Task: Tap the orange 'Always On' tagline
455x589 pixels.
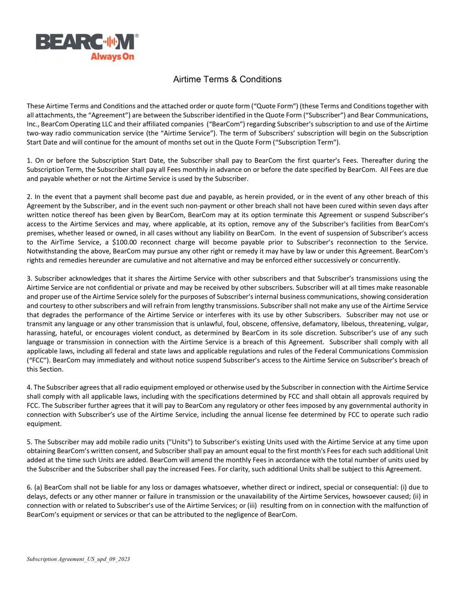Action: tap(112, 57)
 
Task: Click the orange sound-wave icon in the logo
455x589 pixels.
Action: tap(109, 42)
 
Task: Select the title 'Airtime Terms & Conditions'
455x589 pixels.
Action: tap(227, 79)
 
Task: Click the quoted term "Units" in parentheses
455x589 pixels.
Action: tap(180, 442)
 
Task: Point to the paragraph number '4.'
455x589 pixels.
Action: tap(29, 387)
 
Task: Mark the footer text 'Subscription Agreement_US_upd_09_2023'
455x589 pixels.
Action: tap(78, 559)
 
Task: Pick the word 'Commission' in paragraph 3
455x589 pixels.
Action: tap(409, 351)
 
